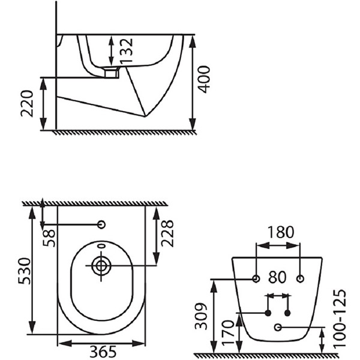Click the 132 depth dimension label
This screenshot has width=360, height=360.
pos(127,51)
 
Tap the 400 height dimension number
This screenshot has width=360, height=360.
pos(204,79)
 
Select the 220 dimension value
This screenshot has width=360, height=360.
pos(27,104)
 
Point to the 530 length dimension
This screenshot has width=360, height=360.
pos(25,271)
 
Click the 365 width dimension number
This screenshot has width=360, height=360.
pos(103,352)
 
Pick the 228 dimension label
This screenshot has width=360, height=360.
pos(167,233)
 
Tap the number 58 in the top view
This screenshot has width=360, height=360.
pos(49,238)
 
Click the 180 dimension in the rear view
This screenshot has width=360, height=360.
pos(281,232)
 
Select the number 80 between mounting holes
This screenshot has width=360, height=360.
pos(277,277)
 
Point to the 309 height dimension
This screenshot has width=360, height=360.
pos(201,316)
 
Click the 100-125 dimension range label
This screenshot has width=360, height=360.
pos(340,318)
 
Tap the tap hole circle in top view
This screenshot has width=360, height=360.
pos(101,224)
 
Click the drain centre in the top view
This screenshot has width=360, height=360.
pos(101,266)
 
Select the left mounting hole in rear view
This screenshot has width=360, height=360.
pos(256,279)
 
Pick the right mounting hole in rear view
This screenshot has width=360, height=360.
pos(300,279)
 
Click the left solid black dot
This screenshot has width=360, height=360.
pos(268,313)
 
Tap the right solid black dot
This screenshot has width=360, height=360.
pos(287,313)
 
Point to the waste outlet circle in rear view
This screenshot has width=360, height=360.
pos(278,327)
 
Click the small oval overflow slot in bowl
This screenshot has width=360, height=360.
pos(101,246)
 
